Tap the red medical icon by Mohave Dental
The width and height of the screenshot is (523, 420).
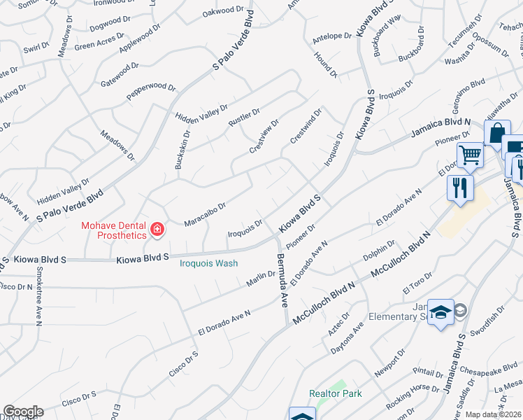tap(157, 229)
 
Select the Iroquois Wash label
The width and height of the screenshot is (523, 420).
tap(209, 263)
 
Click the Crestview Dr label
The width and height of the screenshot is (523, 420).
tap(264, 136)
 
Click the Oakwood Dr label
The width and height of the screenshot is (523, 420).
tap(226, 11)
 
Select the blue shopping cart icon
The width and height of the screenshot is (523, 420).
tap(471, 155)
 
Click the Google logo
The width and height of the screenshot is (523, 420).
tap(23, 412)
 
